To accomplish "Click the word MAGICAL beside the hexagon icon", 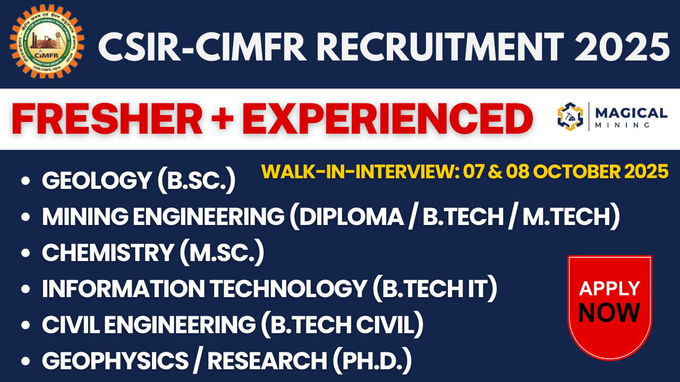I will [x=631, y=112].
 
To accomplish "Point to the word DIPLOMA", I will [x=350, y=217].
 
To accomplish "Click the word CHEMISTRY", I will [x=108, y=253].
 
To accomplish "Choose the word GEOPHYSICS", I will [x=115, y=361].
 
